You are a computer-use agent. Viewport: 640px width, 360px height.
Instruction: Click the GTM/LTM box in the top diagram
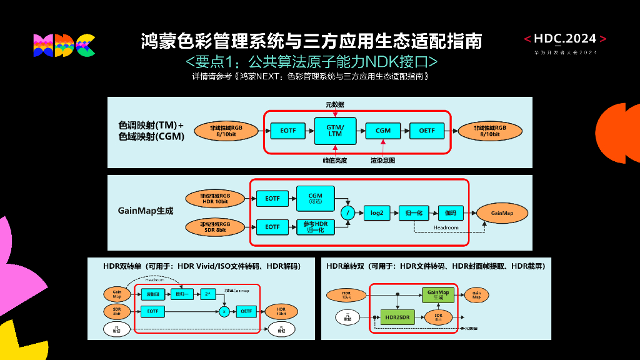tap(335, 130)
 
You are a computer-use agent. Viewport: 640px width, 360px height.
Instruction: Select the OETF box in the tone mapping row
tap(427, 131)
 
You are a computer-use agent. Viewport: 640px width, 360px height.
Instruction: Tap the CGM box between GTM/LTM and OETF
tap(383, 131)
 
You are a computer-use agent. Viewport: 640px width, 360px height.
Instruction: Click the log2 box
tap(377, 213)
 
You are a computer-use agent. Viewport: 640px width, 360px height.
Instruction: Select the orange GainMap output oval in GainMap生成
tap(501, 213)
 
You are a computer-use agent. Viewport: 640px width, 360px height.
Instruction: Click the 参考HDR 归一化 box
tap(316, 226)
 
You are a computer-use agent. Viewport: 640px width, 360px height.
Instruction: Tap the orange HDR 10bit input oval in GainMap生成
tap(214, 198)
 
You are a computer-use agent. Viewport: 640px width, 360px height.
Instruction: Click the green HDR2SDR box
tap(397, 317)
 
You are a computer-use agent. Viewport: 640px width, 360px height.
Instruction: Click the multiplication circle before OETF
tap(224, 311)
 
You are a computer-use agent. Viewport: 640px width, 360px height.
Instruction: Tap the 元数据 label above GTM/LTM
tap(334, 104)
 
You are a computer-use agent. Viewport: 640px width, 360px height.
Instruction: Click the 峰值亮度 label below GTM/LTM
tap(334, 161)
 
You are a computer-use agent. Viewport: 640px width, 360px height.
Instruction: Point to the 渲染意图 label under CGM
tap(382, 161)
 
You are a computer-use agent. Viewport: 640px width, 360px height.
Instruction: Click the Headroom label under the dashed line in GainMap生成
tap(446, 227)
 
